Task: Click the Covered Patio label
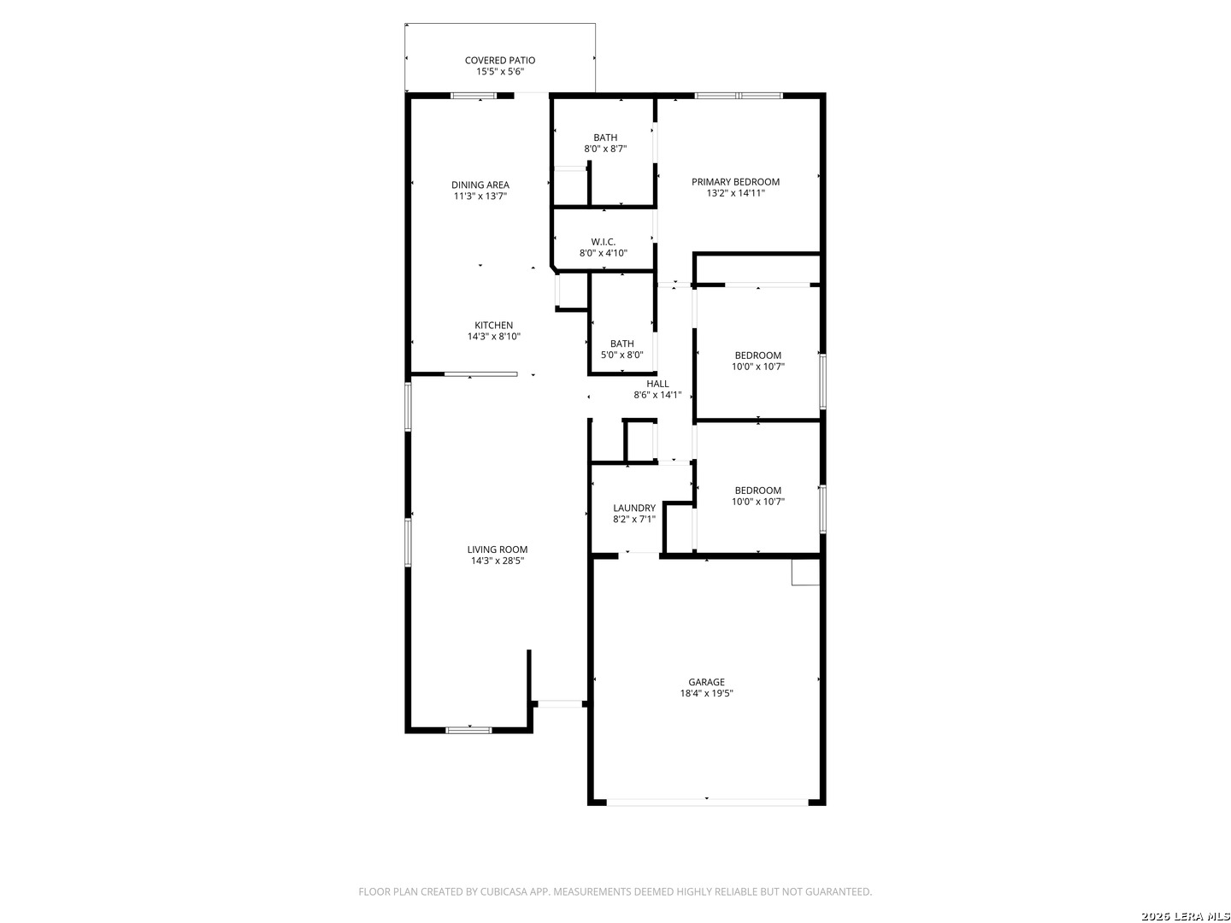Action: click(500, 60)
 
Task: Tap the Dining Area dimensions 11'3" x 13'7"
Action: click(480, 197)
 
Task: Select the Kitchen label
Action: click(493, 325)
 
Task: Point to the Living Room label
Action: click(498, 550)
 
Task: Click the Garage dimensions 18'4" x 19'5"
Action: click(707, 692)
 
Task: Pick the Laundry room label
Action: click(634, 508)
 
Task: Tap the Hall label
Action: click(657, 384)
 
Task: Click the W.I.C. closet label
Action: click(604, 242)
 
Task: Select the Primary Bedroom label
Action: click(735, 181)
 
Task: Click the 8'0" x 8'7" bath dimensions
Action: click(606, 149)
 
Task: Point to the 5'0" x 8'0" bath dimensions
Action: click(622, 355)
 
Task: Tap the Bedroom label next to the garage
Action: click(758, 491)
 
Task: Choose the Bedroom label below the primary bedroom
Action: click(758, 356)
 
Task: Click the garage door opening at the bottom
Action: click(707, 802)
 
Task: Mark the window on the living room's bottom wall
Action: click(468, 730)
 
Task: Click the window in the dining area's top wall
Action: click(474, 96)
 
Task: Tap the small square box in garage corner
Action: click(805, 573)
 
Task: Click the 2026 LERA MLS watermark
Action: click(1185, 915)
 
